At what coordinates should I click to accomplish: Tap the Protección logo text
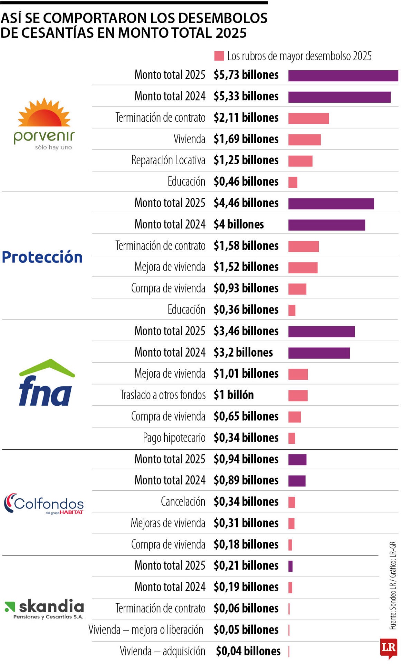(x=42, y=257)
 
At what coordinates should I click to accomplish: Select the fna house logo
(x=46, y=382)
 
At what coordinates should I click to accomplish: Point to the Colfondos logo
(x=44, y=504)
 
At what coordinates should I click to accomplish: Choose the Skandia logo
(x=44, y=609)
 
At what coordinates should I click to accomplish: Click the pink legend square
(x=219, y=56)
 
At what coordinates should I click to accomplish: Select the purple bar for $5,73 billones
(x=343, y=76)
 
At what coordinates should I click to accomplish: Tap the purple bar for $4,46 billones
(x=331, y=204)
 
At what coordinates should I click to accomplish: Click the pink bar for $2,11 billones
(x=308, y=118)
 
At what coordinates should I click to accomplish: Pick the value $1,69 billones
(x=246, y=139)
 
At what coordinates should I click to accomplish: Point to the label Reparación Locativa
(x=168, y=160)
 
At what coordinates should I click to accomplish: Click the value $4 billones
(x=239, y=224)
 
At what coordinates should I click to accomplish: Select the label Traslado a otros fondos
(x=163, y=395)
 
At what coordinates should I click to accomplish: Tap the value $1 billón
(x=233, y=395)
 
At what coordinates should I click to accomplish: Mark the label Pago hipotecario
(x=174, y=438)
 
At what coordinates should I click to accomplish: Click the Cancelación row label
(x=183, y=502)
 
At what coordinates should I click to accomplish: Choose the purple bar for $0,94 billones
(x=297, y=460)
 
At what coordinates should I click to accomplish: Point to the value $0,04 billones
(x=248, y=651)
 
